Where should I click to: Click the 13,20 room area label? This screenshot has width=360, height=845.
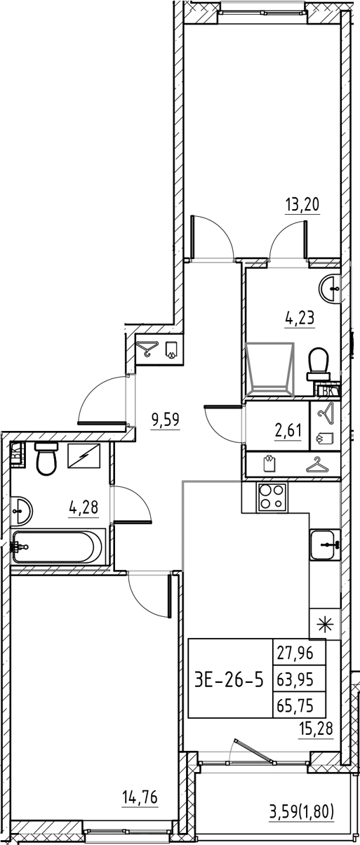tap(302, 204)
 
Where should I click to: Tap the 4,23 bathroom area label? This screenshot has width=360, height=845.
tap(299, 318)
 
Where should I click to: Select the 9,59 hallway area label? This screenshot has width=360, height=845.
tap(164, 419)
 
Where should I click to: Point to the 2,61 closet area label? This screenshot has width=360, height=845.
tap(288, 430)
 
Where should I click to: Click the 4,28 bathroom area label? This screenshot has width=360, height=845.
tap(84, 507)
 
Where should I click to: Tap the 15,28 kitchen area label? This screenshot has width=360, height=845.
tap(316, 728)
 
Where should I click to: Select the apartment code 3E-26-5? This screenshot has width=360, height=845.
tap(229, 681)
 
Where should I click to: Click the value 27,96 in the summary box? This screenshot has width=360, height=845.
tap(295, 653)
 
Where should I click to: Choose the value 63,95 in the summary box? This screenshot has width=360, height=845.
tap(295, 680)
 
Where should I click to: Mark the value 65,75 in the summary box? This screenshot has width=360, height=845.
tap(295, 705)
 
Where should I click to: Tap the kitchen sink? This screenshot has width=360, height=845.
tap(325, 545)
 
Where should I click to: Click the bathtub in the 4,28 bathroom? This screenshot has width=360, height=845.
tap(58, 547)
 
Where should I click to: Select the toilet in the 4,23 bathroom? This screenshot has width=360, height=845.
tap(319, 364)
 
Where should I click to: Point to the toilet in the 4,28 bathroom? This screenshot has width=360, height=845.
tap(46, 458)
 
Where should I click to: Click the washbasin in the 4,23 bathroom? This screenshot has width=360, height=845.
tap(330, 288)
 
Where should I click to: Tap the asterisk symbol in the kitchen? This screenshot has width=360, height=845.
tap(325, 625)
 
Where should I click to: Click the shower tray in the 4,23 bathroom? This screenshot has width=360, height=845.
tap(269, 369)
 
